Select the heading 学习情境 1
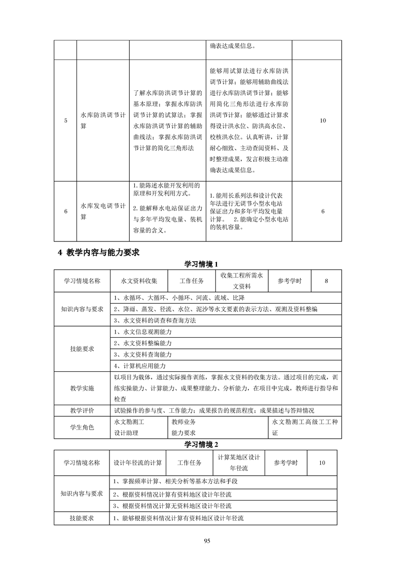click(x=201, y=264)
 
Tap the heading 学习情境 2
click(x=201, y=444)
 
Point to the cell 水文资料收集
click(x=139, y=281)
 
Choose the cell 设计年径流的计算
click(x=138, y=463)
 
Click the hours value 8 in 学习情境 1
click(x=326, y=281)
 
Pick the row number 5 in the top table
click(x=66, y=121)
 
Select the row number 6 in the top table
click(x=66, y=211)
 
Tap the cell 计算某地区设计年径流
click(x=239, y=463)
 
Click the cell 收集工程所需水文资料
click(x=241, y=281)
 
